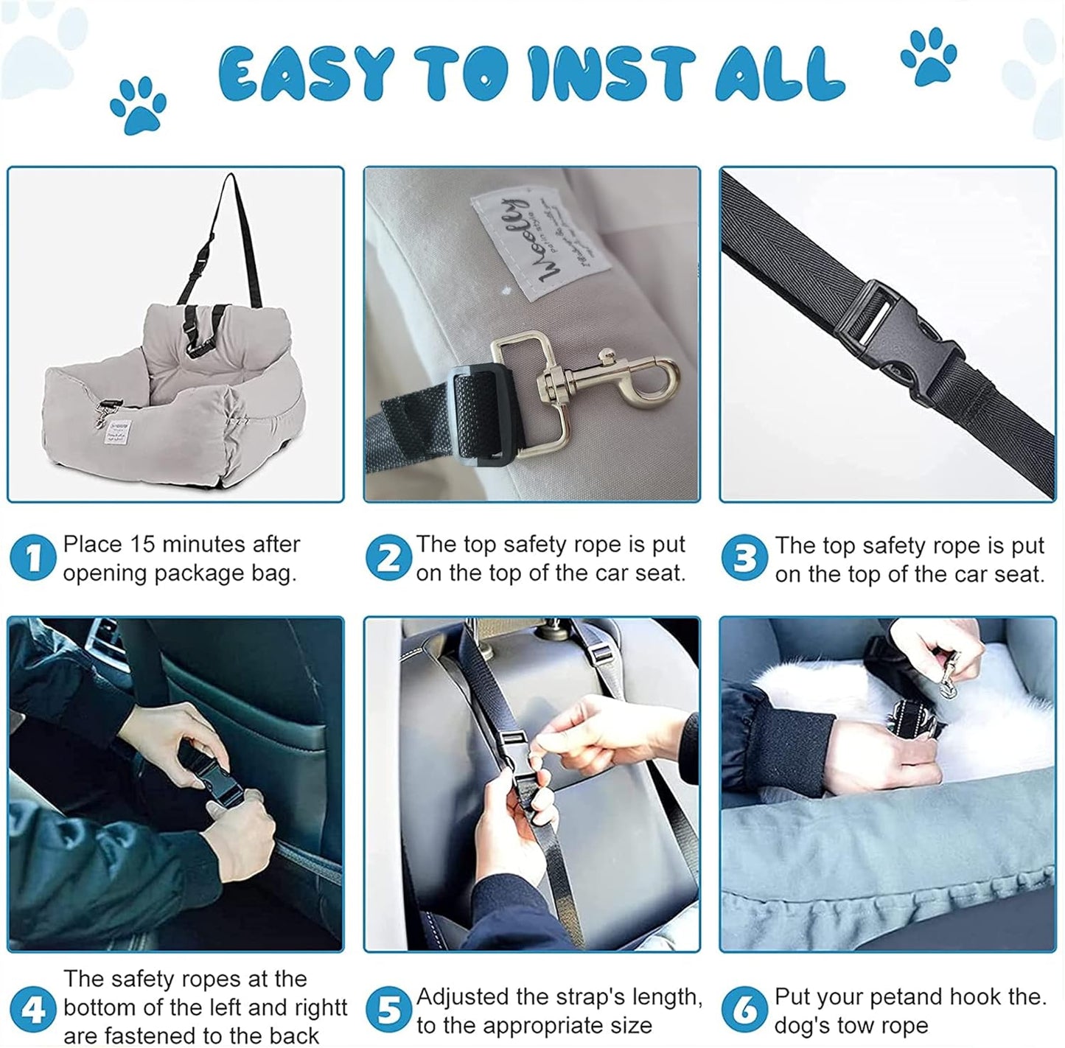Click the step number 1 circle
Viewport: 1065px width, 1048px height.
click(x=32, y=558)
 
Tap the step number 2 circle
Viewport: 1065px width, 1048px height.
click(x=388, y=558)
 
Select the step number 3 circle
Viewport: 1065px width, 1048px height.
click(x=744, y=558)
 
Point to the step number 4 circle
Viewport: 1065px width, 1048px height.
click(x=32, y=1009)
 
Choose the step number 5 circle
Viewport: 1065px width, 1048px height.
click(x=388, y=1010)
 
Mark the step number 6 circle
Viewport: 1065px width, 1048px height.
click(x=744, y=1010)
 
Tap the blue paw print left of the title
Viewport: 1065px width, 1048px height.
click(x=138, y=105)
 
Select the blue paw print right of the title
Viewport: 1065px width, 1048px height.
click(x=929, y=57)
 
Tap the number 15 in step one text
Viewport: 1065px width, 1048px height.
click(x=141, y=545)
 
